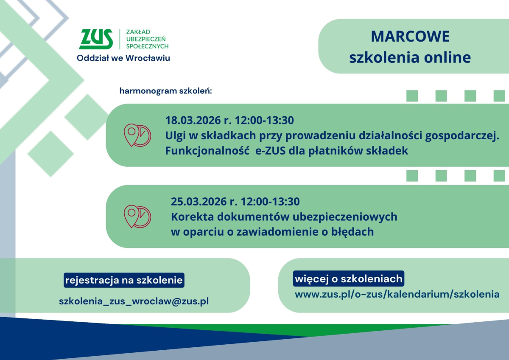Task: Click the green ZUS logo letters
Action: point(96,39)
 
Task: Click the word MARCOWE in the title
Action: point(410,37)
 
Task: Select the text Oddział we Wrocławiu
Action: point(123,58)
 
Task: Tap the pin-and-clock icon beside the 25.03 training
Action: point(137,216)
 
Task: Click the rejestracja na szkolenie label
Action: point(124,280)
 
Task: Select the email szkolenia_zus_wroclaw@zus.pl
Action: point(134,301)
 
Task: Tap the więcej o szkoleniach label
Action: point(348,279)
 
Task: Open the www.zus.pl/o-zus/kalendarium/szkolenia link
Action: point(397,294)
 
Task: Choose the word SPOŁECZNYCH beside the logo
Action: point(147,46)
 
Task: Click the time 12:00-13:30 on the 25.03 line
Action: point(270,201)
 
